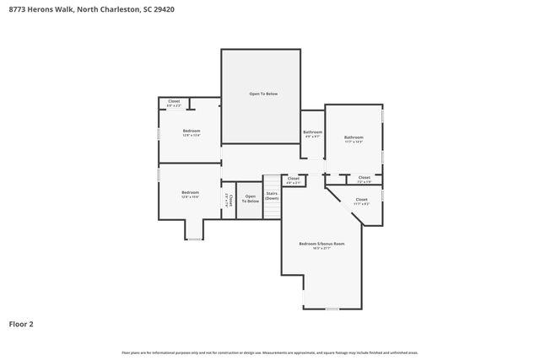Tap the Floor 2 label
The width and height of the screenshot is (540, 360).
21,324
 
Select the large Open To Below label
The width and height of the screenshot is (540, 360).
262,94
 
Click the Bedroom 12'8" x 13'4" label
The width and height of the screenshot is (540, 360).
191,133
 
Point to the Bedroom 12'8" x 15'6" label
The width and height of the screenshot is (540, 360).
190,194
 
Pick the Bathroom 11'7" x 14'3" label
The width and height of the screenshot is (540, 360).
354,139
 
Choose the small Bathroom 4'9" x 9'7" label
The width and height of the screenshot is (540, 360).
312,134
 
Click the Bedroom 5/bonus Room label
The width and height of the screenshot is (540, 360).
321,244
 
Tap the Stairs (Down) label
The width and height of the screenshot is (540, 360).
272,196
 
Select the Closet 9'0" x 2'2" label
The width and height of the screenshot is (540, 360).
173,103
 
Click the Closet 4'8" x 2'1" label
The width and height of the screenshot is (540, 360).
294,180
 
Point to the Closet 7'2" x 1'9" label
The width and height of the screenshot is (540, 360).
364,180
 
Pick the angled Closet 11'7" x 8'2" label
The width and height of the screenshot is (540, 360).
361,201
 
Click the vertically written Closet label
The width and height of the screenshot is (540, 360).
228,200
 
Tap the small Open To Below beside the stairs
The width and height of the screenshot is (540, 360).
250,199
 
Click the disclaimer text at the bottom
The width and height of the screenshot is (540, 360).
269,352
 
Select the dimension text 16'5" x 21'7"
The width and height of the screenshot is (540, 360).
321,248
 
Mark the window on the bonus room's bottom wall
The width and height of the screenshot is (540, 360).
332,309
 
